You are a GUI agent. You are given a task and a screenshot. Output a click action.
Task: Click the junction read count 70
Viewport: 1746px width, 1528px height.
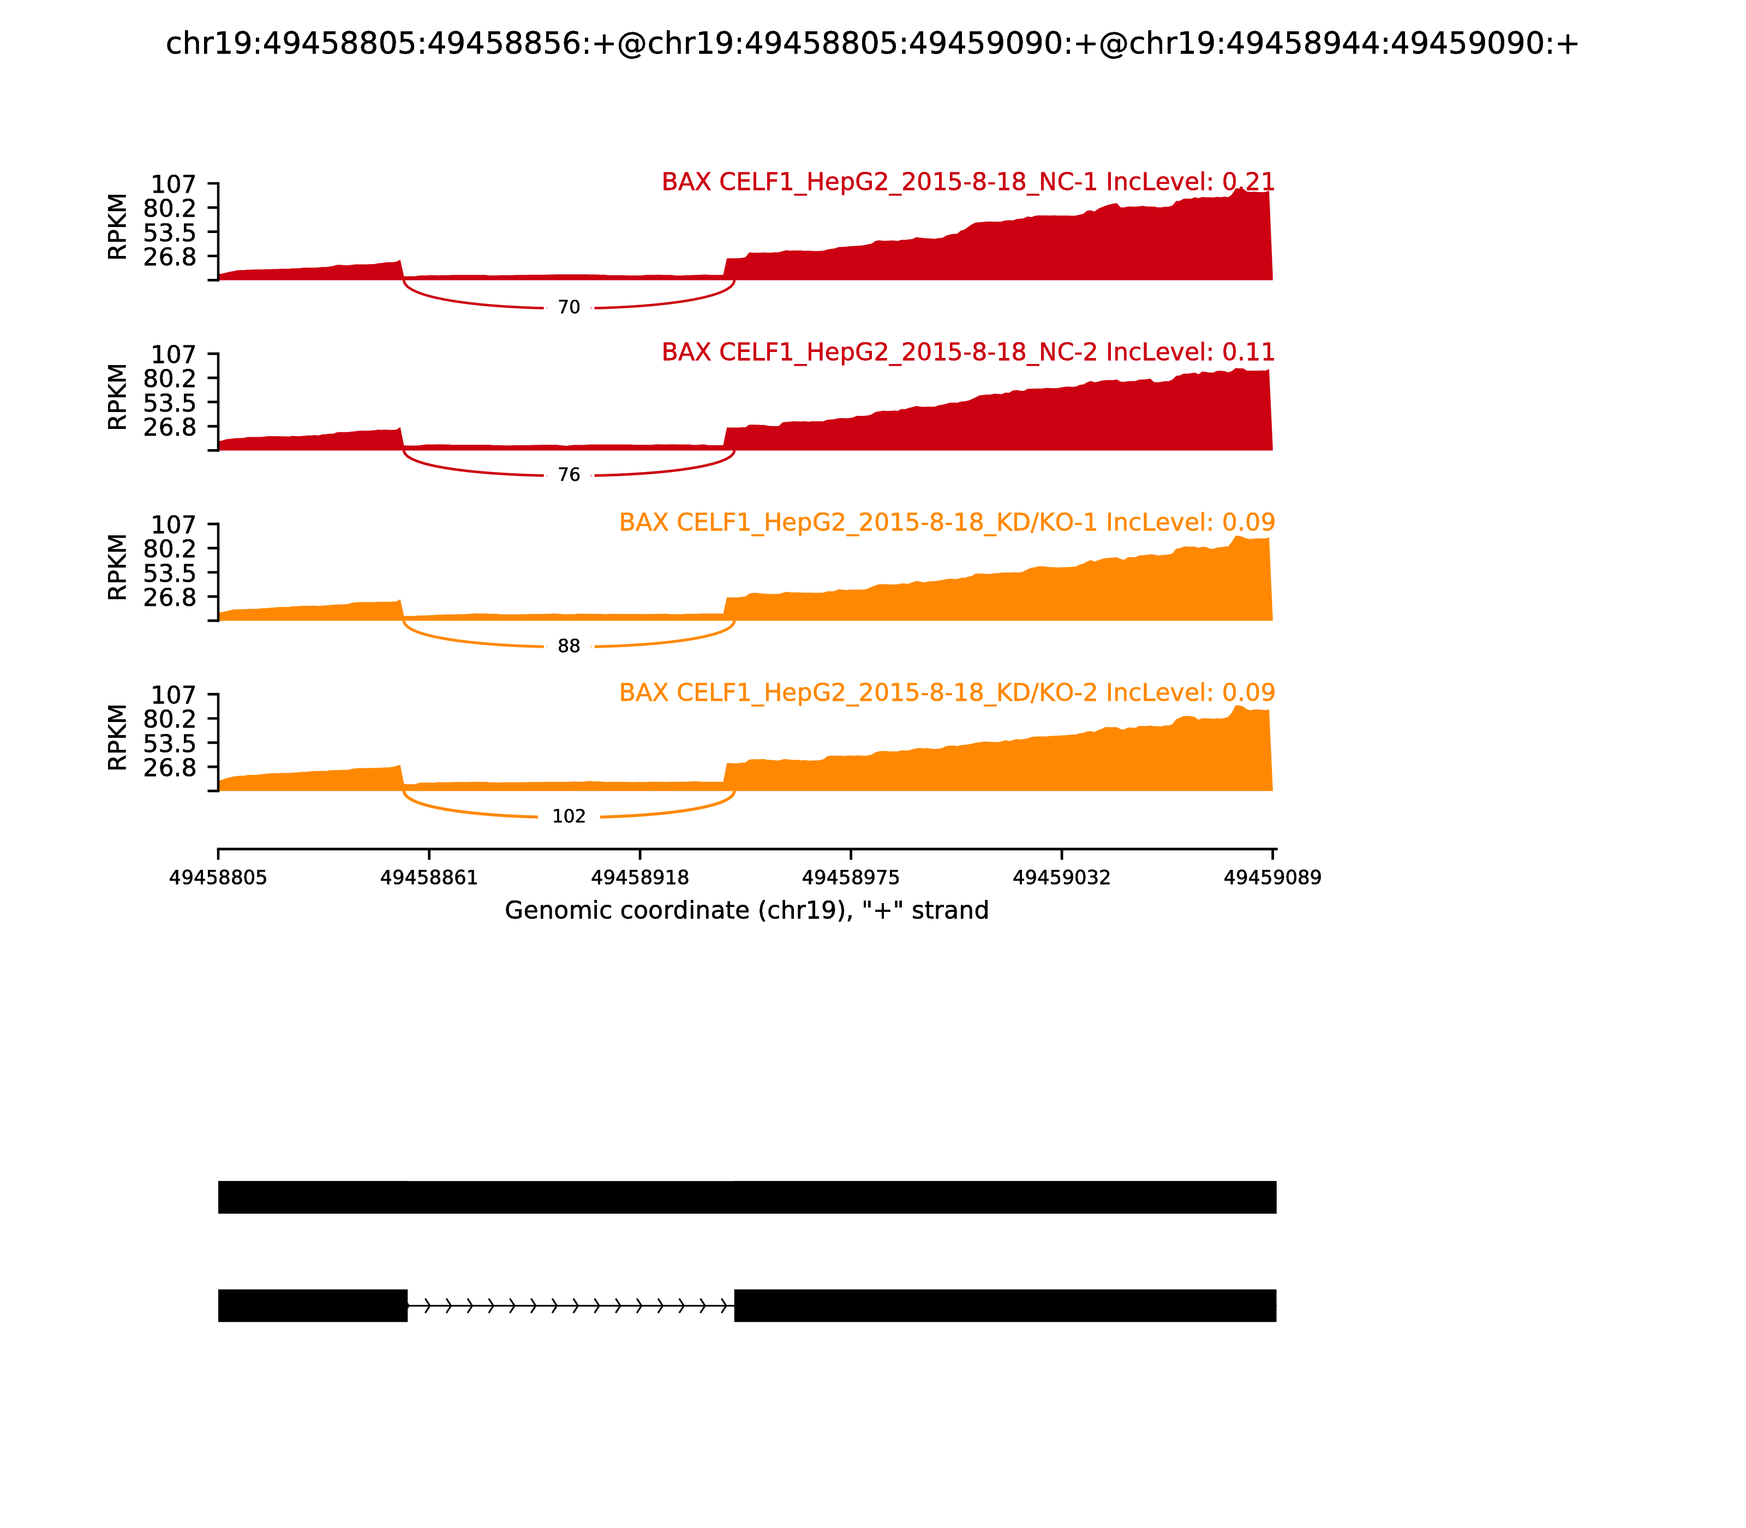click(569, 308)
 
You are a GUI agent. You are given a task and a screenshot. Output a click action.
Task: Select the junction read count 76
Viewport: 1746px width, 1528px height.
click(569, 475)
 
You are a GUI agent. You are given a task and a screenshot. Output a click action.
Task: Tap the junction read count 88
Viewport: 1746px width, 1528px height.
click(569, 646)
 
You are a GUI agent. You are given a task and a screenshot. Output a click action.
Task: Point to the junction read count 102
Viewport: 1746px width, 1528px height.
click(569, 817)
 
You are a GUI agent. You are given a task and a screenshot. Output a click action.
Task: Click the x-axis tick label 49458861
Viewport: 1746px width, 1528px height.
click(429, 878)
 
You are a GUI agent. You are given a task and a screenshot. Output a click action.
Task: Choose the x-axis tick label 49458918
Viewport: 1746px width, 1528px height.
click(639, 878)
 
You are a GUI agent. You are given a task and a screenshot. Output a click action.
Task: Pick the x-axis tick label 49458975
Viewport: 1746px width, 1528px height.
click(851, 878)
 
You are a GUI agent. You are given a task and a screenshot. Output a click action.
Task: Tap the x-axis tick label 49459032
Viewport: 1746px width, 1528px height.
click(1061, 878)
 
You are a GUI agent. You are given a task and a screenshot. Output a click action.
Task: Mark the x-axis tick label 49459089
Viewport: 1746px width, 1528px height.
click(1272, 878)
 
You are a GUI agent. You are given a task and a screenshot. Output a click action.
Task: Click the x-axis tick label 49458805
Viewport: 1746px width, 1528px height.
click(218, 878)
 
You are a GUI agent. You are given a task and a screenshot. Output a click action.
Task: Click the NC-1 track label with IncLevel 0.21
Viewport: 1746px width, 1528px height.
click(967, 182)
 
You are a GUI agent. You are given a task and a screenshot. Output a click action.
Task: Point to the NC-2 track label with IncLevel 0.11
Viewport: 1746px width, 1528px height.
click(967, 352)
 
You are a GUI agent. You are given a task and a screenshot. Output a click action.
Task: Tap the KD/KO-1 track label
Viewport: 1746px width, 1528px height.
click(946, 523)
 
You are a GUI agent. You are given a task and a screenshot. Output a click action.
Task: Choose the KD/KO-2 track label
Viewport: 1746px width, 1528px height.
click(946, 693)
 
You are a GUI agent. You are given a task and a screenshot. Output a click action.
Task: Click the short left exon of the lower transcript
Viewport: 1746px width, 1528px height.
click(312, 1305)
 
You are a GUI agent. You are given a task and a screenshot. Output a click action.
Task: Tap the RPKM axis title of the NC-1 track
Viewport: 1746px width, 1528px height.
click(118, 227)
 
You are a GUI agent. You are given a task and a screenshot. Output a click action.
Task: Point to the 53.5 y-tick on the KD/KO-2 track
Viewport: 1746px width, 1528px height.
click(170, 743)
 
